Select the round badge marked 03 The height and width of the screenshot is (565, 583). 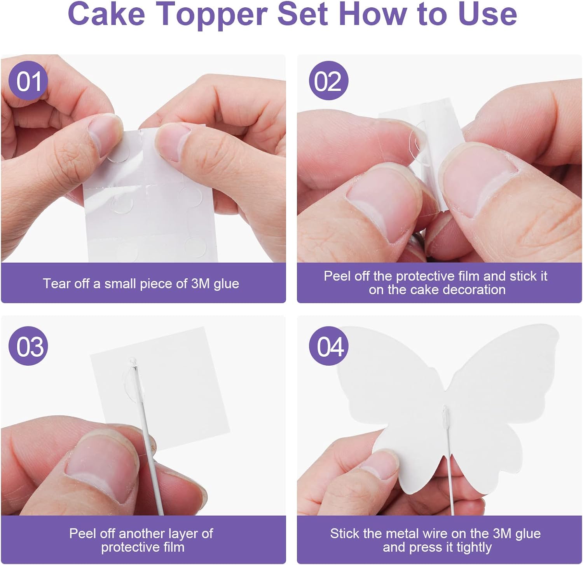(28, 346)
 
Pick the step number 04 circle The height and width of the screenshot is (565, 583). (328, 346)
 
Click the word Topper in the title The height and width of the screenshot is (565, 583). (211, 14)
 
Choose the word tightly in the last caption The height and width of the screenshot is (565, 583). (474, 548)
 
